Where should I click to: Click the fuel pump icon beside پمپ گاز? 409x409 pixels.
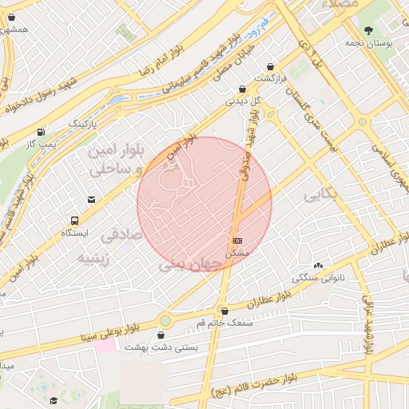pyautogui.click(x=41, y=131)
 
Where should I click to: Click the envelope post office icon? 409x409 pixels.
pyautogui.click(x=92, y=200)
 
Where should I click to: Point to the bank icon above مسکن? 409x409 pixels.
pyautogui.click(x=237, y=240)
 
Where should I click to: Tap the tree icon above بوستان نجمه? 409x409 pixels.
pyautogui.click(x=368, y=30)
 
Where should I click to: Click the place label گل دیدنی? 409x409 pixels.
pyautogui.click(x=244, y=101)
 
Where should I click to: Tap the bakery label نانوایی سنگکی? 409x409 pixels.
pyautogui.click(x=318, y=279)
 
